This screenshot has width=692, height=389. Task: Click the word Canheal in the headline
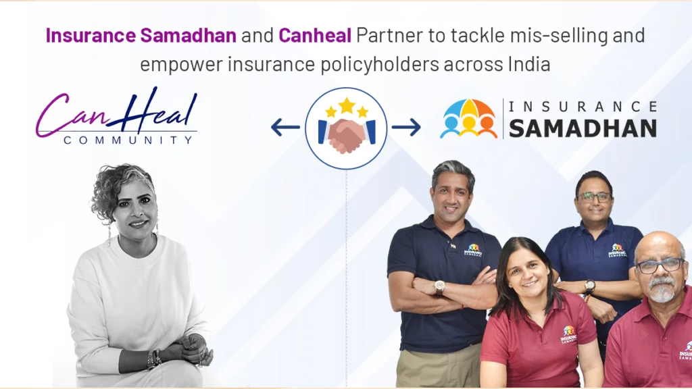[314, 35]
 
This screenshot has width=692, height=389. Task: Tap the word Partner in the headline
[387, 35]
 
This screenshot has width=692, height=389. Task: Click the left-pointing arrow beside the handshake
[285, 127]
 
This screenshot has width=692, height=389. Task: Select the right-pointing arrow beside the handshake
[406, 127]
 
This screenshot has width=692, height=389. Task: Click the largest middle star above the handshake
[347, 105]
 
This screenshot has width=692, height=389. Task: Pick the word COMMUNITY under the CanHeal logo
[128, 140]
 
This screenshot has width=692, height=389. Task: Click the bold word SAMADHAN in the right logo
[583, 128]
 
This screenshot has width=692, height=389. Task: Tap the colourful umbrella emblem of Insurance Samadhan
[468, 119]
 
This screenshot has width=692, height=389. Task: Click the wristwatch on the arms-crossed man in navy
[439, 286]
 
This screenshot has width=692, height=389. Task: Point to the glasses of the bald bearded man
[656, 264]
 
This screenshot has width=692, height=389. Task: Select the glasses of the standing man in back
[595, 197]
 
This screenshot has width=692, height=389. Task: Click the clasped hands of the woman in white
[191, 350]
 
